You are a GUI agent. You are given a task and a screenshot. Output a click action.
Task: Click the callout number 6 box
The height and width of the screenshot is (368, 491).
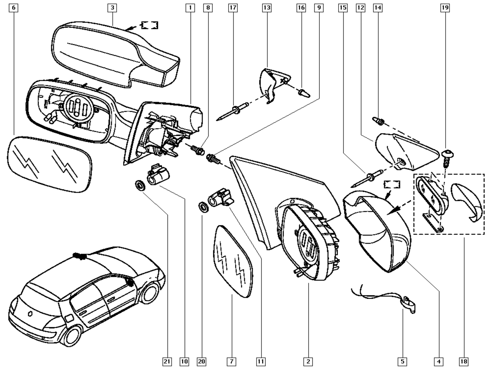pyautogui.click(x=14, y=7)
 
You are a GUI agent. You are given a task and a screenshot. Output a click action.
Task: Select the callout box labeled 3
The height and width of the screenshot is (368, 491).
pyautogui.click(x=112, y=7)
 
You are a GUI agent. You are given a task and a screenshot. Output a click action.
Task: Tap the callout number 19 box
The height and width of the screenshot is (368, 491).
pyautogui.click(x=445, y=7)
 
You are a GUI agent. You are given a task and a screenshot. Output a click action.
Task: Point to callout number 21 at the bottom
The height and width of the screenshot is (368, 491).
pyautogui.click(x=167, y=362)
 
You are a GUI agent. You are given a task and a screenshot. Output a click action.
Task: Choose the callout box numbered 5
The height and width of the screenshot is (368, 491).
pyautogui.click(x=403, y=362)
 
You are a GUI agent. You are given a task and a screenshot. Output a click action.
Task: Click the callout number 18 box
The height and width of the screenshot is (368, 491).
pyautogui.click(x=464, y=362)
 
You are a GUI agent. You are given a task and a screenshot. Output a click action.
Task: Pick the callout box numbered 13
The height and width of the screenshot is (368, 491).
pyautogui.click(x=267, y=7)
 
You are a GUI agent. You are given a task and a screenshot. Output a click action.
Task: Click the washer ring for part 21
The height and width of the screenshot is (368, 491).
pyautogui.click(x=141, y=185)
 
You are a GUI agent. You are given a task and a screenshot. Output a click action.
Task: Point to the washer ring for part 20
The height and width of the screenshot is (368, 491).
pyautogui.click(x=203, y=207)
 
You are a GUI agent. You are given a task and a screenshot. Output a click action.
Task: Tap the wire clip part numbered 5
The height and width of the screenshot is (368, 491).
pyautogui.click(x=408, y=304)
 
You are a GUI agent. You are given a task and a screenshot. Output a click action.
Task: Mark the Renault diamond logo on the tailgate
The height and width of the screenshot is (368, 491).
pyautogui.click(x=31, y=313)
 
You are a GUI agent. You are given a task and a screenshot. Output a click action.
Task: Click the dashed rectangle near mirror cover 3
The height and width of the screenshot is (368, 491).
pyautogui.click(x=149, y=25)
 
